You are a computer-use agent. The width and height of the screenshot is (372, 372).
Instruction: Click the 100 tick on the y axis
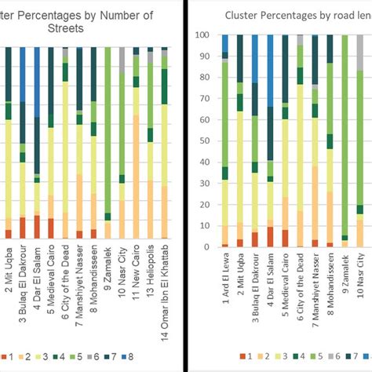point(202,35)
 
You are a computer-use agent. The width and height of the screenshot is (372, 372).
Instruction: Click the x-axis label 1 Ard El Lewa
point(225,282)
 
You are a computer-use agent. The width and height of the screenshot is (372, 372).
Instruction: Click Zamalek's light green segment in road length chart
point(345,133)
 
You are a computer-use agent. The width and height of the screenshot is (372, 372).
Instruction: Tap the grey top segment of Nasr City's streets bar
point(122,60)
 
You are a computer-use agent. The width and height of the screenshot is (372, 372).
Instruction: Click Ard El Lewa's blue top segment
point(225,44)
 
